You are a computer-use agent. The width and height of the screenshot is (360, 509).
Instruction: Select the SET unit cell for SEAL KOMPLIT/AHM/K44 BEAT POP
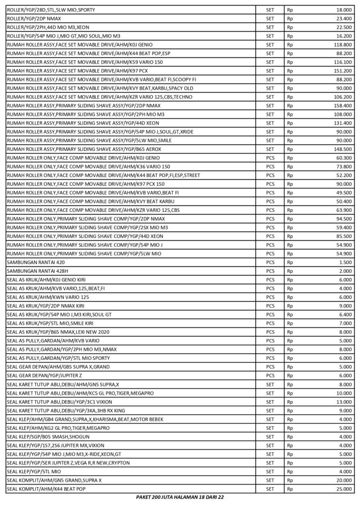(270, 489)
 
